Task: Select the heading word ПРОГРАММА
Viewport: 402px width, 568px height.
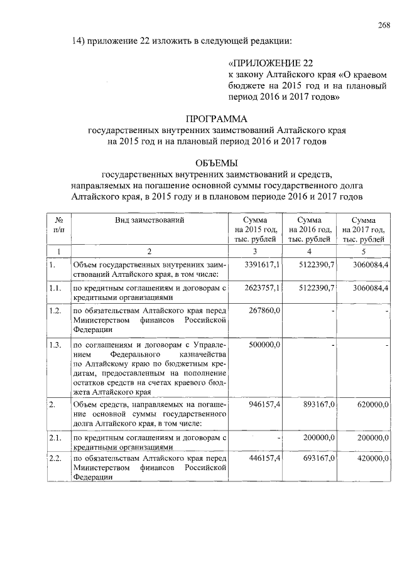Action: click(217, 119)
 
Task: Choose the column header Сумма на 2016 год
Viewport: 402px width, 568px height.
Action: click(309, 229)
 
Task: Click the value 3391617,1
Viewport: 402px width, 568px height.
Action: click(263, 265)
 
